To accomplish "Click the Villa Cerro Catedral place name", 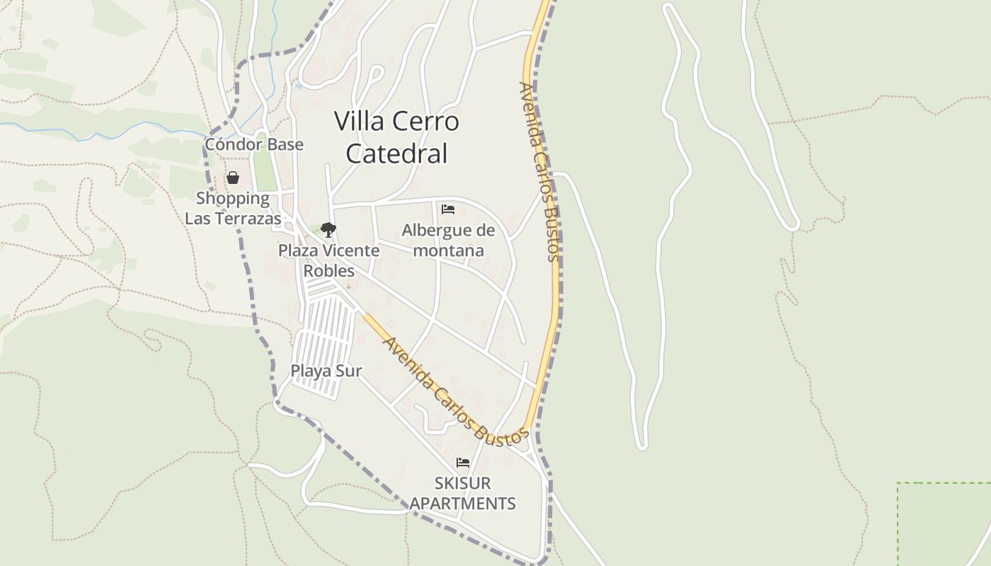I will click(x=396, y=137).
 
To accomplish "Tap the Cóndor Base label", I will click(x=253, y=144).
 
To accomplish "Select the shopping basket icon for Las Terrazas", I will click(x=233, y=178).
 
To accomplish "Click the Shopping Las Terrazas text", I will click(x=233, y=209).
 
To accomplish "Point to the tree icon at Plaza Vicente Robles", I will click(x=328, y=229).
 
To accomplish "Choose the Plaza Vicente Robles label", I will click(x=328, y=260).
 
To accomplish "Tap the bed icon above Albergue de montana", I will click(x=447, y=209).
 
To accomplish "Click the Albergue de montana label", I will click(x=448, y=241).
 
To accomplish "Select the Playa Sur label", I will click(x=326, y=371).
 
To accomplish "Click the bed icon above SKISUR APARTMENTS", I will click(x=463, y=463).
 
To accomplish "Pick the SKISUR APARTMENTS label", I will click(x=463, y=493).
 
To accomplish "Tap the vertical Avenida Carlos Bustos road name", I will click(x=540, y=171).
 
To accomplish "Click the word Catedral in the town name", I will click(x=396, y=154).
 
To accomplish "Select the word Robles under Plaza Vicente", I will click(x=328, y=271).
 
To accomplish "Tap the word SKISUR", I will click(x=462, y=483).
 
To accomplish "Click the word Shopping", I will click(x=233, y=199).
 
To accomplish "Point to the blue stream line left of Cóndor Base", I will click(x=106, y=131).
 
